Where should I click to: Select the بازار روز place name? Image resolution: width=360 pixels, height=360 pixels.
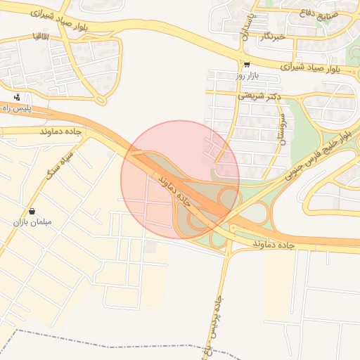247,75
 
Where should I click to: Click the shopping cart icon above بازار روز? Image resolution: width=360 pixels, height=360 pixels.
247,63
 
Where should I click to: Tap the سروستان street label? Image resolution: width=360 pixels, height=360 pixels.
282,129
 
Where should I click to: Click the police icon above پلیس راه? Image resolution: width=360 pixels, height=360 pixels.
17,97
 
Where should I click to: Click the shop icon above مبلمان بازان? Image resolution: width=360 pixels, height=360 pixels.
32,211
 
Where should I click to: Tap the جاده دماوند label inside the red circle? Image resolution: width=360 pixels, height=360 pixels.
174,188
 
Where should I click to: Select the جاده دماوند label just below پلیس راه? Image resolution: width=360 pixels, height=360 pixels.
61,131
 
